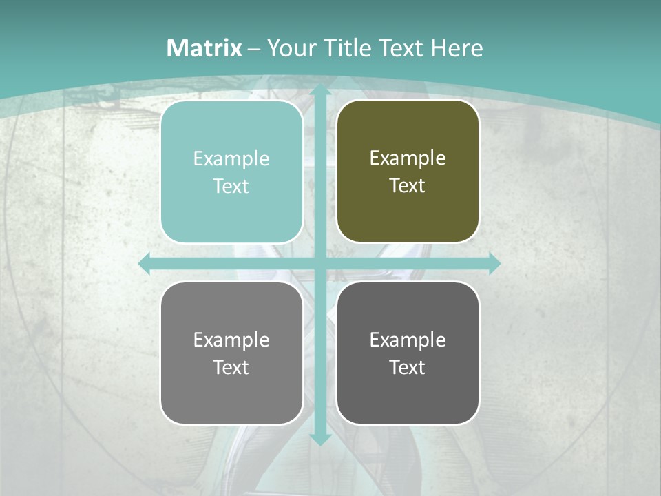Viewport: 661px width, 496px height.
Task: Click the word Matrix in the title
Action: tap(204, 48)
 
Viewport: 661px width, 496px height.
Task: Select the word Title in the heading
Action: tap(349, 48)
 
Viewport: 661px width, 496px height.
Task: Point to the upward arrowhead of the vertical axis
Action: tap(320, 90)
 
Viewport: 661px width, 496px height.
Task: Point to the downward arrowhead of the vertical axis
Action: tap(320, 439)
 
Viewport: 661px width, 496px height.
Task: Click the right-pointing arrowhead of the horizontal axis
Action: tap(494, 263)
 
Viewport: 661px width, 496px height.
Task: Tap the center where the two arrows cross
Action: tap(320, 263)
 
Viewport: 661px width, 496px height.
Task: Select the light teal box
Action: tap(231, 214)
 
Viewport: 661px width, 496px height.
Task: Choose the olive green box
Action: tap(408, 214)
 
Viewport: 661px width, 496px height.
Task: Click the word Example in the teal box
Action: tap(231, 158)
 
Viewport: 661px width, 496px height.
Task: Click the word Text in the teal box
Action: tap(231, 186)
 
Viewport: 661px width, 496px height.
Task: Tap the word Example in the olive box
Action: tap(408, 158)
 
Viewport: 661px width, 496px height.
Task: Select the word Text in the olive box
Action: tap(408, 185)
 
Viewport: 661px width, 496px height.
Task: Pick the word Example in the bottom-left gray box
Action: tap(231, 340)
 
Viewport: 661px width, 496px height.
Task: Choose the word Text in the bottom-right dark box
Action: tap(408, 367)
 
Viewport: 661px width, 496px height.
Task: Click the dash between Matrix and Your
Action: tap(255, 49)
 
